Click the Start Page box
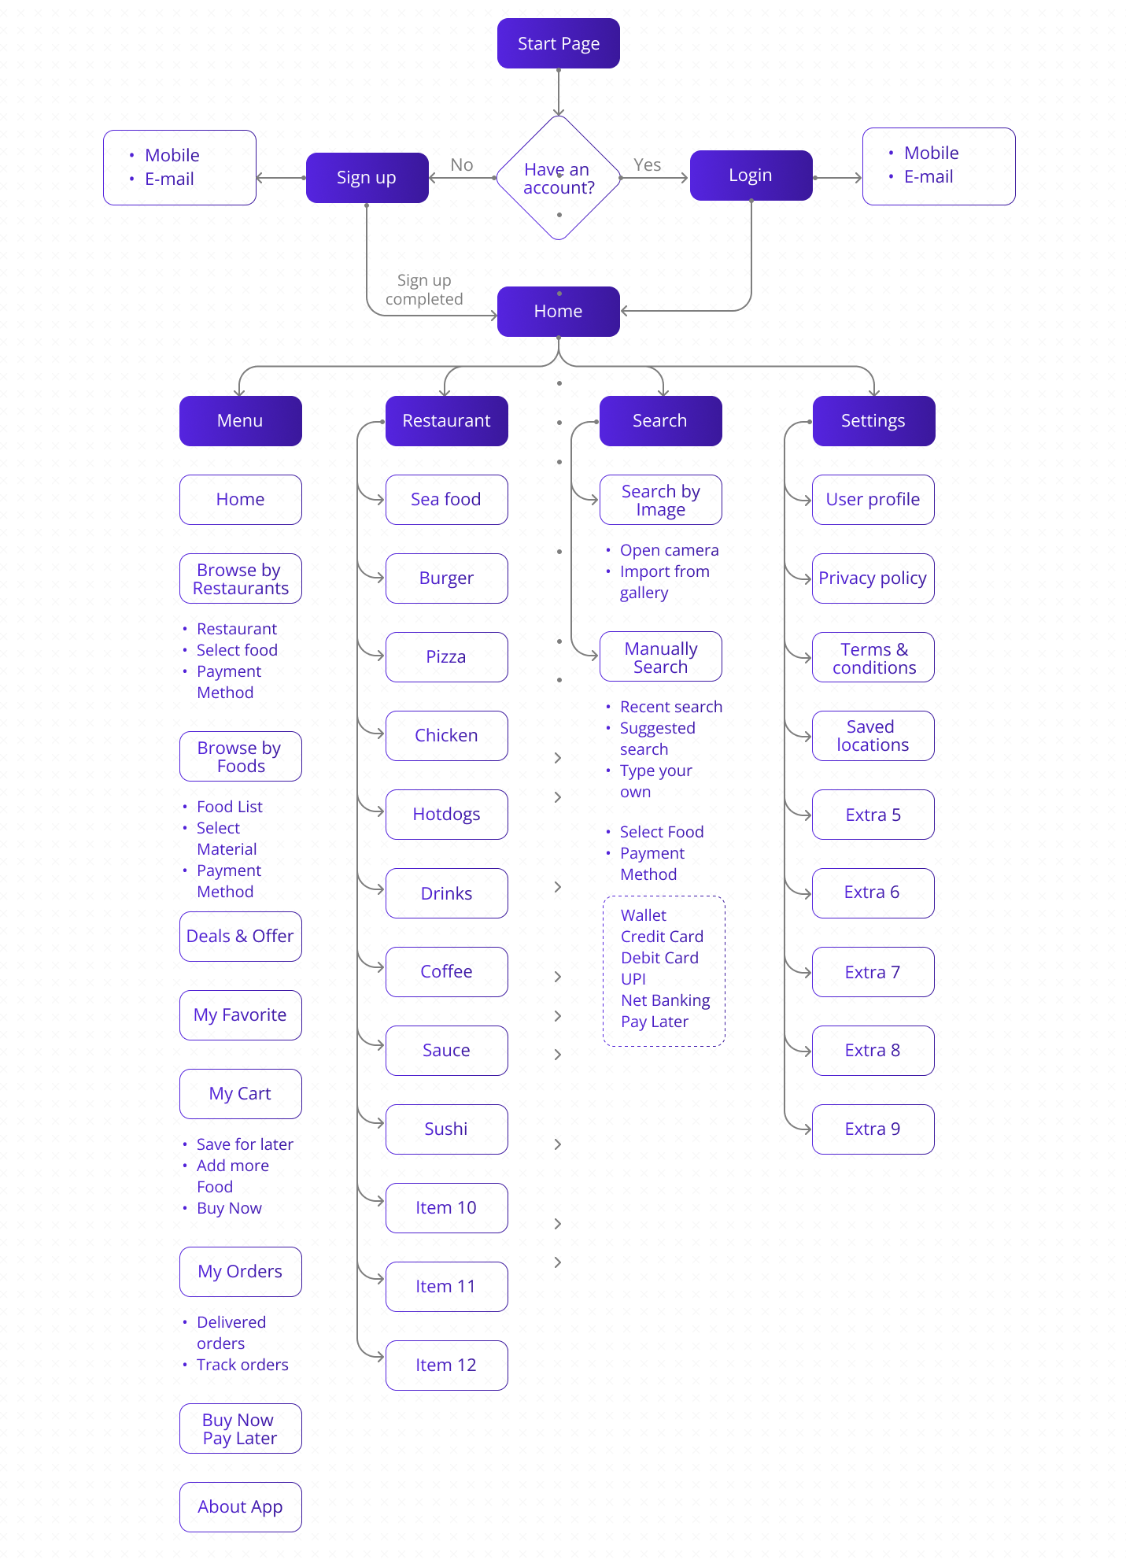coord(558,43)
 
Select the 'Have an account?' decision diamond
coord(559,179)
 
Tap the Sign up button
coord(367,178)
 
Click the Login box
coord(751,176)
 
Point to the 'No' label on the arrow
coord(462,165)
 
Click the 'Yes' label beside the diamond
coord(647,165)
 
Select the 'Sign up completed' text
coord(424,290)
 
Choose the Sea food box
coord(446,500)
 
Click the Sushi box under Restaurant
coord(446,1129)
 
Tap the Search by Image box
coord(660,500)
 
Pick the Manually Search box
coord(660,657)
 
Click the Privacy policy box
coord(873,578)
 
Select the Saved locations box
coord(873,736)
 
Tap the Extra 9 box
coord(873,1129)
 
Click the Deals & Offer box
coord(240,937)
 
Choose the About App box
coord(240,1507)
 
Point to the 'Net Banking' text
coord(666,1000)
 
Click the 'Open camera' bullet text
coord(669,550)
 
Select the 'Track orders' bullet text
coord(242,1365)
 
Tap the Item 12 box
coord(446,1366)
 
